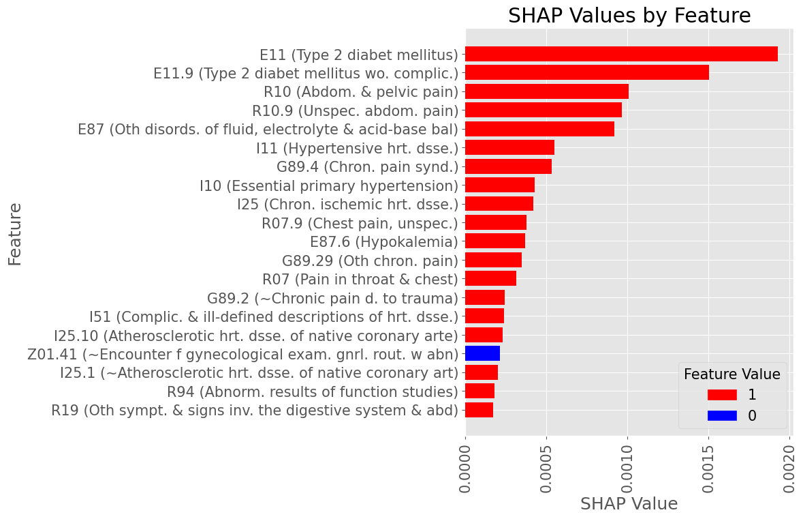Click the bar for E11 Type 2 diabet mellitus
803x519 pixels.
click(621, 55)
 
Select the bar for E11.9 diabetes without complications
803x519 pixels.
click(587, 73)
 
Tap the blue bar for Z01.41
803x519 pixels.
click(482, 353)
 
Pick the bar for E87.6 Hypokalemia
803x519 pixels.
click(495, 241)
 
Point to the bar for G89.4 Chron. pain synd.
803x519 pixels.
click(508, 166)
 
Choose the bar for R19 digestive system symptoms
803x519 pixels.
click(479, 410)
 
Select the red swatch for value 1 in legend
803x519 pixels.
click(722, 394)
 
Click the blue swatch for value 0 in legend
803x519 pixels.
click(722, 415)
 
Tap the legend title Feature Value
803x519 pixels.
click(731, 374)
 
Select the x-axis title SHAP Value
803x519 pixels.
click(629, 504)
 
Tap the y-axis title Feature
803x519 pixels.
click(15, 234)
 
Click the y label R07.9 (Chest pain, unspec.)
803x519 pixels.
click(360, 223)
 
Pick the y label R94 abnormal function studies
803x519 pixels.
click(312, 391)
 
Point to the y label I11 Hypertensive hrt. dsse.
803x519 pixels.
click(357, 148)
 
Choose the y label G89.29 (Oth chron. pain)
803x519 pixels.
click(370, 261)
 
